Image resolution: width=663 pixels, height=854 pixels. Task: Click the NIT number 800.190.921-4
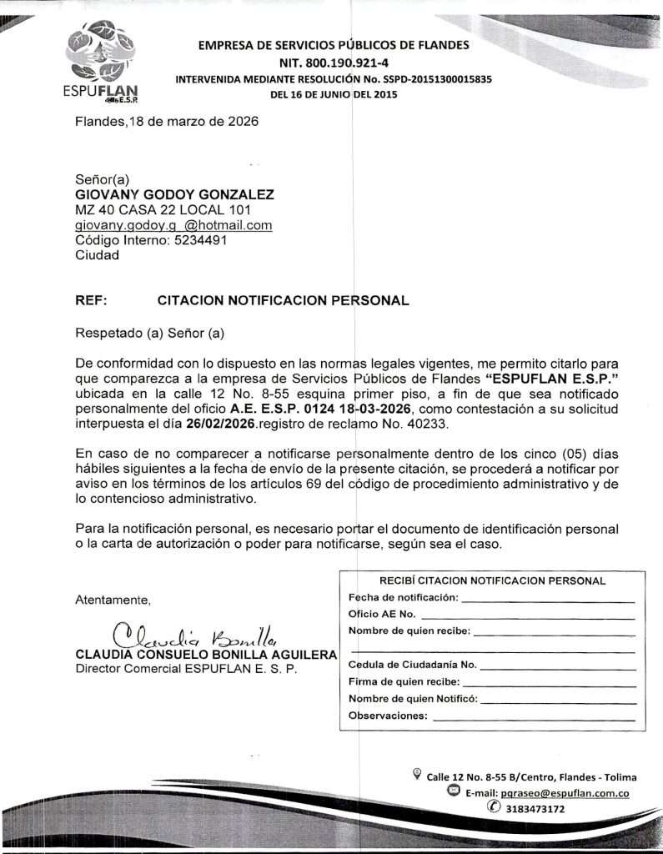(x=332, y=63)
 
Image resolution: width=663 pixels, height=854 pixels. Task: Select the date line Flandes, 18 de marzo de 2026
(x=167, y=121)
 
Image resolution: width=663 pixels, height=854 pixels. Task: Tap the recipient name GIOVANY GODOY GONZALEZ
(x=174, y=194)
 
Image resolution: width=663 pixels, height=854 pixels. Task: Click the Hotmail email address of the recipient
(x=173, y=225)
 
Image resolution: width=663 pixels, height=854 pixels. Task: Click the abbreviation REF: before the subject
(x=91, y=300)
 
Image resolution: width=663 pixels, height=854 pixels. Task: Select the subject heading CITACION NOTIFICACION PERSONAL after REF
(x=283, y=300)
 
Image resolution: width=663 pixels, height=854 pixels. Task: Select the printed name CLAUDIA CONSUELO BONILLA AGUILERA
(x=205, y=655)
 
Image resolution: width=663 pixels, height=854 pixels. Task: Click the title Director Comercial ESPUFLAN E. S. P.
(x=186, y=669)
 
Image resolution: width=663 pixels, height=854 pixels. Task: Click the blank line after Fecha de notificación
(x=547, y=598)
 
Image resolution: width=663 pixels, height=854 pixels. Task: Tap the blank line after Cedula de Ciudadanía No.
(x=557, y=666)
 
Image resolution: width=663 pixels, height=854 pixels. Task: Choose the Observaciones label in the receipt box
(x=387, y=716)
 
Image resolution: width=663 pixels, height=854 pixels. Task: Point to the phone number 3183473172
(x=535, y=808)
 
